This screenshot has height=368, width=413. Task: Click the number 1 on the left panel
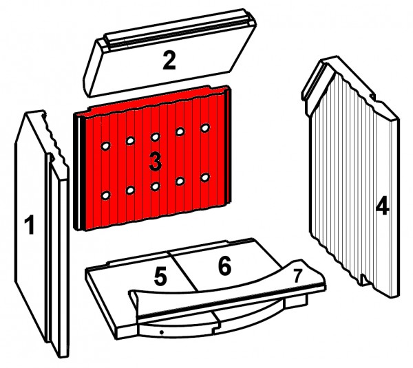point(29,224)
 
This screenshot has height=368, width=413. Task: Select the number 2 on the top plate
point(169,61)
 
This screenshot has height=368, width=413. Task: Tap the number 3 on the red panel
point(156,162)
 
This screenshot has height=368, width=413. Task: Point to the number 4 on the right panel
point(382,206)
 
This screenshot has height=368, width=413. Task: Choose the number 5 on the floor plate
point(160,277)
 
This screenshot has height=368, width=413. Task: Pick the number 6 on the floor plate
point(224,266)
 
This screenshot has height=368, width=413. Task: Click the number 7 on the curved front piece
point(297,276)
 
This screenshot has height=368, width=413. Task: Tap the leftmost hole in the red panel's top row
point(105,146)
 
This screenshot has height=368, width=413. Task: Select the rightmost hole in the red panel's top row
point(205,128)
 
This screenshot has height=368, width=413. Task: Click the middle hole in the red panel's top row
point(156,137)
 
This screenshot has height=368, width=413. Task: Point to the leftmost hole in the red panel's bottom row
point(105,195)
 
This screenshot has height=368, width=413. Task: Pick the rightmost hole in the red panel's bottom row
point(205,177)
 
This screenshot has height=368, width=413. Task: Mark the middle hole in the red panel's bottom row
point(156,186)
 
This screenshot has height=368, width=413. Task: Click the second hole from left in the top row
point(130,141)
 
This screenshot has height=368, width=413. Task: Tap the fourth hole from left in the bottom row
point(180,181)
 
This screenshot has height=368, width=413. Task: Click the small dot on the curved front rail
point(162,333)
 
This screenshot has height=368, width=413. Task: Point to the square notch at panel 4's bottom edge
point(364,279)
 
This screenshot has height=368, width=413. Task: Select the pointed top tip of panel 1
point(25,113)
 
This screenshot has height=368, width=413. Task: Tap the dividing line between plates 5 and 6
point(184,271)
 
